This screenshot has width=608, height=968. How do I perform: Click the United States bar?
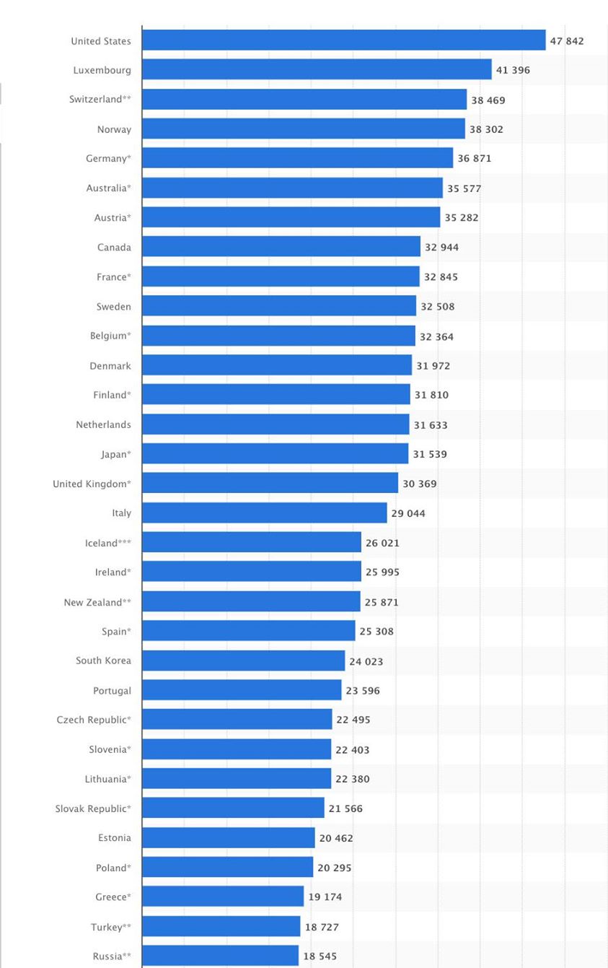coord(343,40)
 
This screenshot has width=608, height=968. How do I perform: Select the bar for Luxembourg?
coord(317,70)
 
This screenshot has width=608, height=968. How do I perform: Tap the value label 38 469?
coord(488,100)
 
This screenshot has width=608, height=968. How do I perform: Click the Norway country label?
coord(114,129)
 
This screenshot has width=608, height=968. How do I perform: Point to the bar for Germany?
coord(297,158)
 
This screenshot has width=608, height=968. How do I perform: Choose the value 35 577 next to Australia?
coord(464,188)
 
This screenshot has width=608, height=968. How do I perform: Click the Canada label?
coord(114,247)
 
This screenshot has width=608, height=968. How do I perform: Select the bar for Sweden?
coord(279,306)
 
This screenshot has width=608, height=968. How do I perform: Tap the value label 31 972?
coord(433,366)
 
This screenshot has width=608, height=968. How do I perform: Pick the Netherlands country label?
coord(103,424)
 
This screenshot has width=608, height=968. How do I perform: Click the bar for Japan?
coord(275,454)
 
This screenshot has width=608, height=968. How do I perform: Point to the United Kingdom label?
coord(92,484)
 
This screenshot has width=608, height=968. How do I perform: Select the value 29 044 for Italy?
coord(408,514)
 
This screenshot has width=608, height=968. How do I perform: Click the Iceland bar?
coord(251,542)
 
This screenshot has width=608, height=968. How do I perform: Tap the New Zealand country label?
coord(97,602)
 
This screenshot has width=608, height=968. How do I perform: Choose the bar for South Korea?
coord(243,660)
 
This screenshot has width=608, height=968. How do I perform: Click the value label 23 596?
coord(363,691)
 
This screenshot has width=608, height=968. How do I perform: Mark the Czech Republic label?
coord(94,720)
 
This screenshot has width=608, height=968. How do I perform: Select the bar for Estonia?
coord(228,838)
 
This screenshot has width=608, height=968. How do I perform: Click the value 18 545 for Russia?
coord(320,956)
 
